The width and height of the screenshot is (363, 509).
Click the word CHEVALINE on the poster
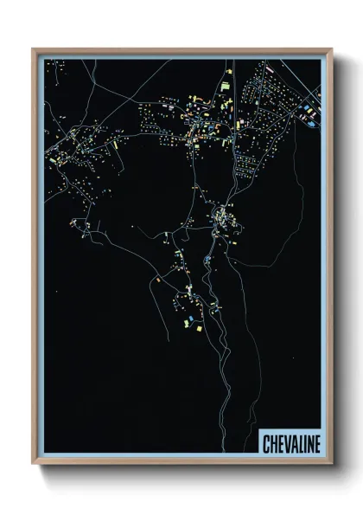click(290, 441)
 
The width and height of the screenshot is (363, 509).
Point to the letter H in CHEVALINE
click(272, 441)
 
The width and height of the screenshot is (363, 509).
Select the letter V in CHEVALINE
click(284, 441)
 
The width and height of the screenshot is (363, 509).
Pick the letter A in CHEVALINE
click(291, 441)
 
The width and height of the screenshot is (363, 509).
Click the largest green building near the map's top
click(225, 87)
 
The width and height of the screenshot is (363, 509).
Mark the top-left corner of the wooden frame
click(33, 49)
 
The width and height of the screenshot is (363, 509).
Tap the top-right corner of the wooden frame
click(332, 49)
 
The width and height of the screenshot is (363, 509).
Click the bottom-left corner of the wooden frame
click(33, 465)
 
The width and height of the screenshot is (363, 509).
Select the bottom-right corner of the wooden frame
click(332, 465)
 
